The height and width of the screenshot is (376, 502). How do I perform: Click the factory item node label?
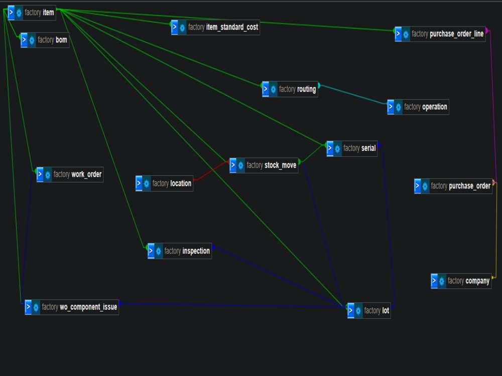click(39, 13)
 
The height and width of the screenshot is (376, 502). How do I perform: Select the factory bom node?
click(45, 40)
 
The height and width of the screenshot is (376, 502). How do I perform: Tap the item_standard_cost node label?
click(223, 27)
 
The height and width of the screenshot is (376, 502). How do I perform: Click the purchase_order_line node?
click(440, 34)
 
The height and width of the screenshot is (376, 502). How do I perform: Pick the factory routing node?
click(290, 89)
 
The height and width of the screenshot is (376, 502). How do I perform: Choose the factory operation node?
click(418, 107)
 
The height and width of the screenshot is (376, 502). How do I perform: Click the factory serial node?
click(352, 149)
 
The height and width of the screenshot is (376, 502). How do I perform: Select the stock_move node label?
click(272, 165)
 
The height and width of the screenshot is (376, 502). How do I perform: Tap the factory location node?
click(165, 183)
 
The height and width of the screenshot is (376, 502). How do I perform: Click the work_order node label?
click(77, 174)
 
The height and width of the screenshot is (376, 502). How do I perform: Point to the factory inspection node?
click(180, 251)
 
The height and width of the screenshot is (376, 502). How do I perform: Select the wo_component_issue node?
click(72, 307)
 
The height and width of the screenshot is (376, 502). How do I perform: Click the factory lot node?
click(369, 310)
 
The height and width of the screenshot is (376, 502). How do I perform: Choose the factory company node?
click(461, 281)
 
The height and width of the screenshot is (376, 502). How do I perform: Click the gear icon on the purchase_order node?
click(425, 186)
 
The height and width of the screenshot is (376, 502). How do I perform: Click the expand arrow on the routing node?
click(266, 89)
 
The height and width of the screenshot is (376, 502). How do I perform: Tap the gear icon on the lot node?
click(358, 311)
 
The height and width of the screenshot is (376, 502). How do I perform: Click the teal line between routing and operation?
click(353, 95)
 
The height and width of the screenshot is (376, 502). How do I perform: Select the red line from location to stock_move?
click(211, 171)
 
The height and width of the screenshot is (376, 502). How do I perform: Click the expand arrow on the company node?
click(434, 281)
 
